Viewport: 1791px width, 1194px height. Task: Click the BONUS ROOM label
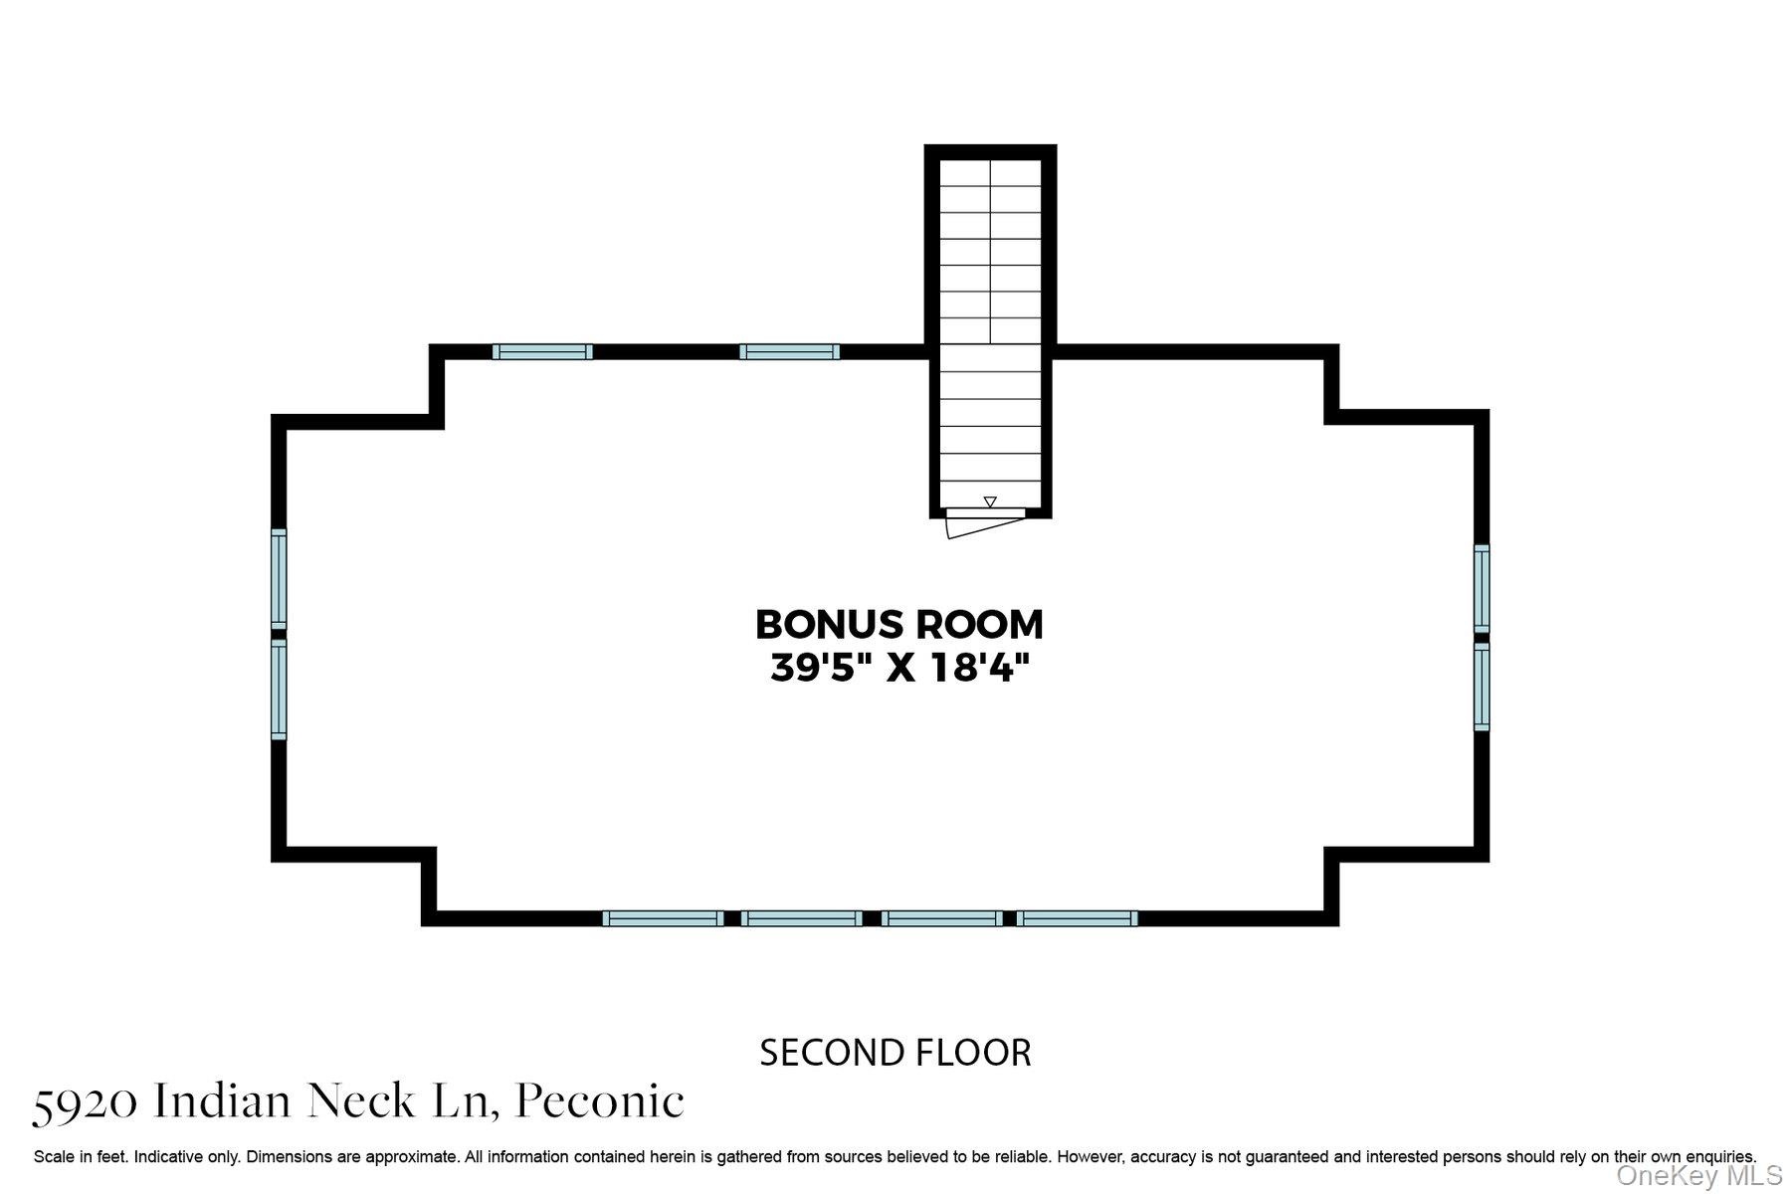[899, 625]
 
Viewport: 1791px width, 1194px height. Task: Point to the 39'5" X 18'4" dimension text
[899, 668]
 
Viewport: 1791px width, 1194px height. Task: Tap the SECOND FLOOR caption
[895, 1053]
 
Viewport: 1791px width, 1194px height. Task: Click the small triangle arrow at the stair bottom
[990, 501]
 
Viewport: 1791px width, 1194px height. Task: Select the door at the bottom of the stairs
[985, 522]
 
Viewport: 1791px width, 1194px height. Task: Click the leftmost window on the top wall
[542, 351]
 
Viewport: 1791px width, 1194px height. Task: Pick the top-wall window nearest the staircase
[790, 351]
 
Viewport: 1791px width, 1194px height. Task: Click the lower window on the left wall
[280, 690]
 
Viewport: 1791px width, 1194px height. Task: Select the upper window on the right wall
[1482, 588]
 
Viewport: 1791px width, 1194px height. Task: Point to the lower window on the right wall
[1482, 687]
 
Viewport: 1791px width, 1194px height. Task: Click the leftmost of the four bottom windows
[663, 918]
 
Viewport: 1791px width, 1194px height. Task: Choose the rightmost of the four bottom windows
[1077, 918]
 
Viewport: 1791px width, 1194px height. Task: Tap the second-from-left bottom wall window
[802, 918]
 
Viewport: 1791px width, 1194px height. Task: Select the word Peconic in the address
[600, 1101]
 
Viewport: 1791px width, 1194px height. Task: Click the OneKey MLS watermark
[1698, 1175]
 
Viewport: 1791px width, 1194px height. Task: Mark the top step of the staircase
[990, 172]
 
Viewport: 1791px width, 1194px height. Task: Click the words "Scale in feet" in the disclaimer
[79, 1157]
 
